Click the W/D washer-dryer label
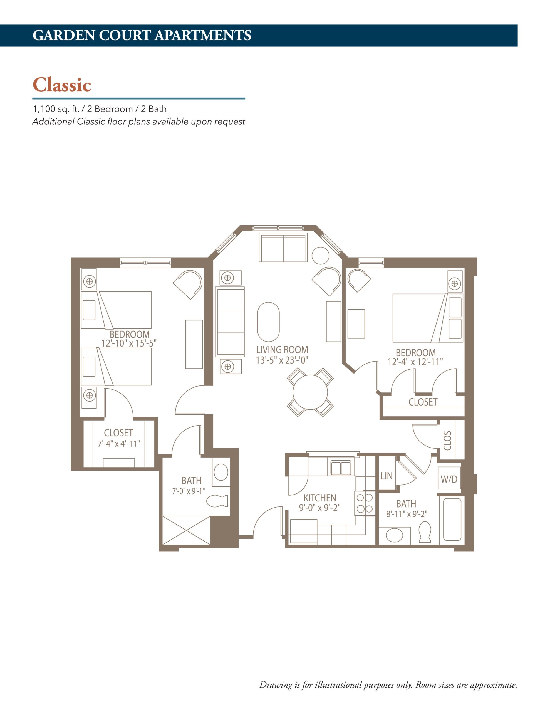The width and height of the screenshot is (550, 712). point(449,479)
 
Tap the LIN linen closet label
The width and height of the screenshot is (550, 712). point(386,476)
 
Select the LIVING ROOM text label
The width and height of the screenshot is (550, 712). point(282,350)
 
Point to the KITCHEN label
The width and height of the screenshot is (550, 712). point(319,498)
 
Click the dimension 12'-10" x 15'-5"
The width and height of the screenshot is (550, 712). point(129,343)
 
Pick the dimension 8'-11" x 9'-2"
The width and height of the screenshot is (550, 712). point(407,514)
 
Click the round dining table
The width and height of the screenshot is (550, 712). point(310,392)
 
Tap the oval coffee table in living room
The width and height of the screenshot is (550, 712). point(268,322)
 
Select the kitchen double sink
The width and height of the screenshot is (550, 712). point(341,468)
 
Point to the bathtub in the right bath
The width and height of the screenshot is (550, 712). point(452,519)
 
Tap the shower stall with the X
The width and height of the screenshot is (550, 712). point(186,530)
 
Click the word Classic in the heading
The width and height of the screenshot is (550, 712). point(62,85)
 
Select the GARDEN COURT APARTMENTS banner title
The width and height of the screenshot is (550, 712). point(142,36)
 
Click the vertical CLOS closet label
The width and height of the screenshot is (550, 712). point(448,441)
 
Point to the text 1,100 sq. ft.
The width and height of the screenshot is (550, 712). point(56,109)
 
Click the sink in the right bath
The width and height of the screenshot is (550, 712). point(394,535)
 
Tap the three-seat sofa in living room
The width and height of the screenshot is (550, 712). point(230,322)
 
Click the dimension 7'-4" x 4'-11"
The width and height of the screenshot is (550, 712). point(119,444)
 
